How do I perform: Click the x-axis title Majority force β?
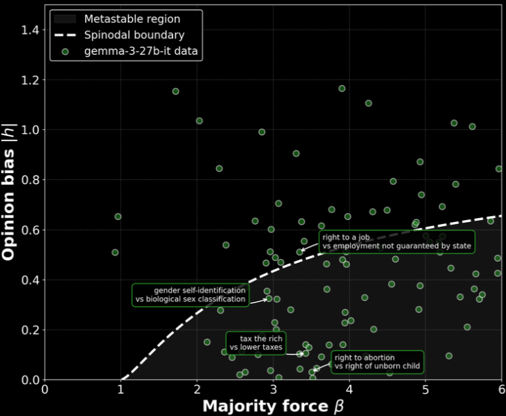[x=274, y=406]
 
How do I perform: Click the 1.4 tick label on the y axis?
[x=29, y=30]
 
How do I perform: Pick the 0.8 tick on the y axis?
[x=29, y=180]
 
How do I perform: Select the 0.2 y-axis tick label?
[x=29, y=330]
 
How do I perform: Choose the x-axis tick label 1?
[x=120, y=390]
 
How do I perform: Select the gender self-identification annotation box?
[x=191, y=295]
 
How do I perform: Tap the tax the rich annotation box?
[x=256, y=343]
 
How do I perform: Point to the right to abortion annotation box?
[x=377, y=362]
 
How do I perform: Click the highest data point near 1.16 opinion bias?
[x=341, y=89]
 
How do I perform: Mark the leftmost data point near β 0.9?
[x=115, y=252]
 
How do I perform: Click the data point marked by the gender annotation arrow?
[x=268, y=298]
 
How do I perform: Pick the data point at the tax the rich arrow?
[x=300, y=354]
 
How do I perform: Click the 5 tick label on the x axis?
[x=426, y=390]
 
